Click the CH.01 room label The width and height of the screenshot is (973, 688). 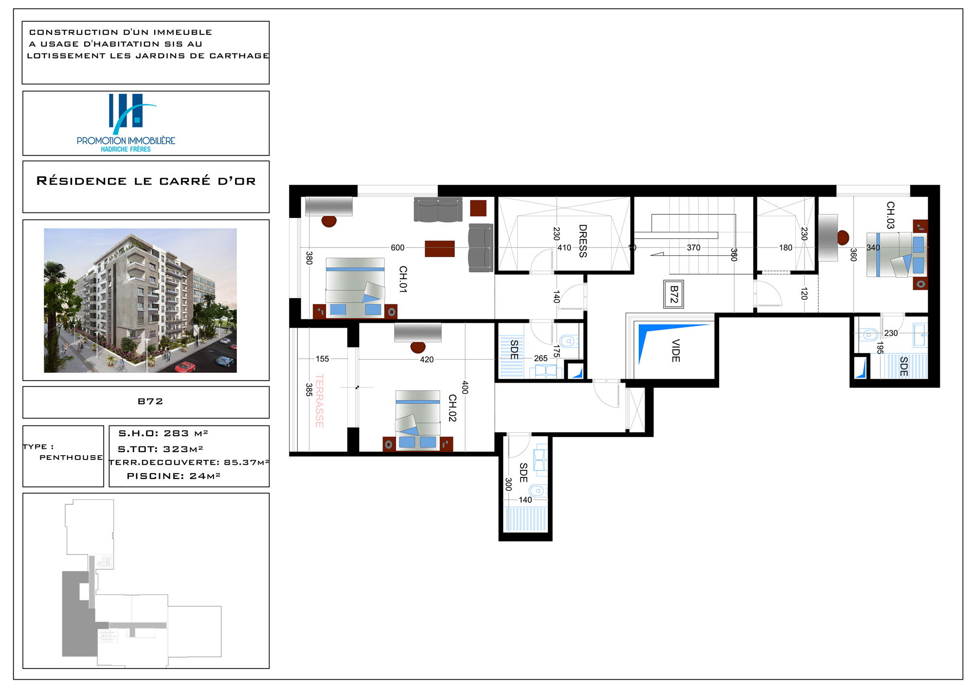click(x=403, y=279)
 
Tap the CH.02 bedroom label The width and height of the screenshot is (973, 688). click(x=452, y=408)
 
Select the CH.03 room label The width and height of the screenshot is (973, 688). click(x=890, y=215)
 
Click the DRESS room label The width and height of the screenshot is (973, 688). click(x=583, y=241)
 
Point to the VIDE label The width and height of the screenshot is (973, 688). click(x=675, y=351)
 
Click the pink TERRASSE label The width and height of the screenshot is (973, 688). click(x=319, y=401)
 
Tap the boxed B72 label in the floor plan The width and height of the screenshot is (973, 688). click(x=674, y=294)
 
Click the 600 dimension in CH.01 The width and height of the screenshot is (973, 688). click(x=397, y=247)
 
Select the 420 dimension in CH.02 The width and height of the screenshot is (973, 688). click(x=427, y=359)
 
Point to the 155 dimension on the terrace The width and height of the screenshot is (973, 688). click(x=322, y=359)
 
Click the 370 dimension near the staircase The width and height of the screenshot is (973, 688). click(x=694, y=247)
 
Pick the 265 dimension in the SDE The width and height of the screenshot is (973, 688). click(x=541, y=358)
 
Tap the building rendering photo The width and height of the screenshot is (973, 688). click(x=140, y=300)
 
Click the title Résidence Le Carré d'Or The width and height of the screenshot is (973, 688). click(x=146, y=181)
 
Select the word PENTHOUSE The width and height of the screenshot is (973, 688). click(x=71, y=458)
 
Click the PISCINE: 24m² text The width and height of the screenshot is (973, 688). click(x=174, y=476)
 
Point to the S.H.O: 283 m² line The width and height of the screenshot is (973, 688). click(x=163, y=433)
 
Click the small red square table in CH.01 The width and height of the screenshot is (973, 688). click(x=478, y=208)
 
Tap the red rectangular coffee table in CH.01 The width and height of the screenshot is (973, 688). click(x=440, y=248)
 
